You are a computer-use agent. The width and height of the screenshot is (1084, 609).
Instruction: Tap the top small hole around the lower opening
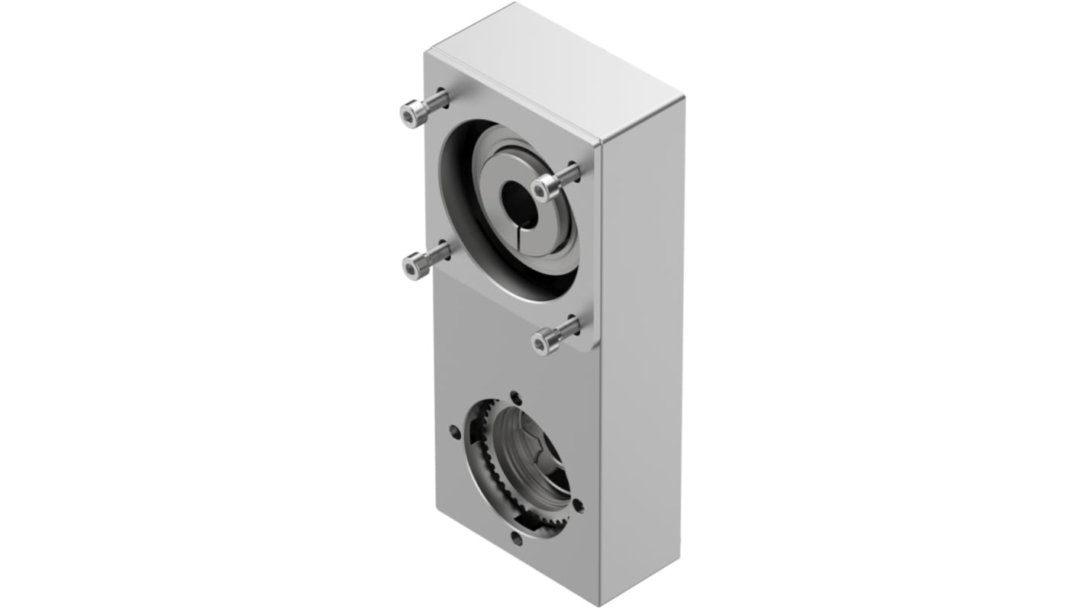click(x=516, y=397)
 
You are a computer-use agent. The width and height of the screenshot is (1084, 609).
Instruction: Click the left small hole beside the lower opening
click(x=456, y=432)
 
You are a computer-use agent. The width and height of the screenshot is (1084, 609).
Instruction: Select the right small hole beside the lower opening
click(x=578, y=504)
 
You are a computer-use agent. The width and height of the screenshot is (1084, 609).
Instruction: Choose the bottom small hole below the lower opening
click(x=516, y=539)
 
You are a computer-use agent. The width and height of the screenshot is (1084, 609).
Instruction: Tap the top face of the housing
click(x=553, y=69)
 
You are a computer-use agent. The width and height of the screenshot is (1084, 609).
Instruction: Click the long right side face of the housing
click(x=641, y=343)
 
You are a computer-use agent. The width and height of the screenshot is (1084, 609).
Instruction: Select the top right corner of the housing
click(x=682, y=98)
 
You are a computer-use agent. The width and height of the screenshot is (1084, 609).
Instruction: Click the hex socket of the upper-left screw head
click(x=411, y=115)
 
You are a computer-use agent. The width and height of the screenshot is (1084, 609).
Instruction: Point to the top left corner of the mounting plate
click(x=427, y=53)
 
